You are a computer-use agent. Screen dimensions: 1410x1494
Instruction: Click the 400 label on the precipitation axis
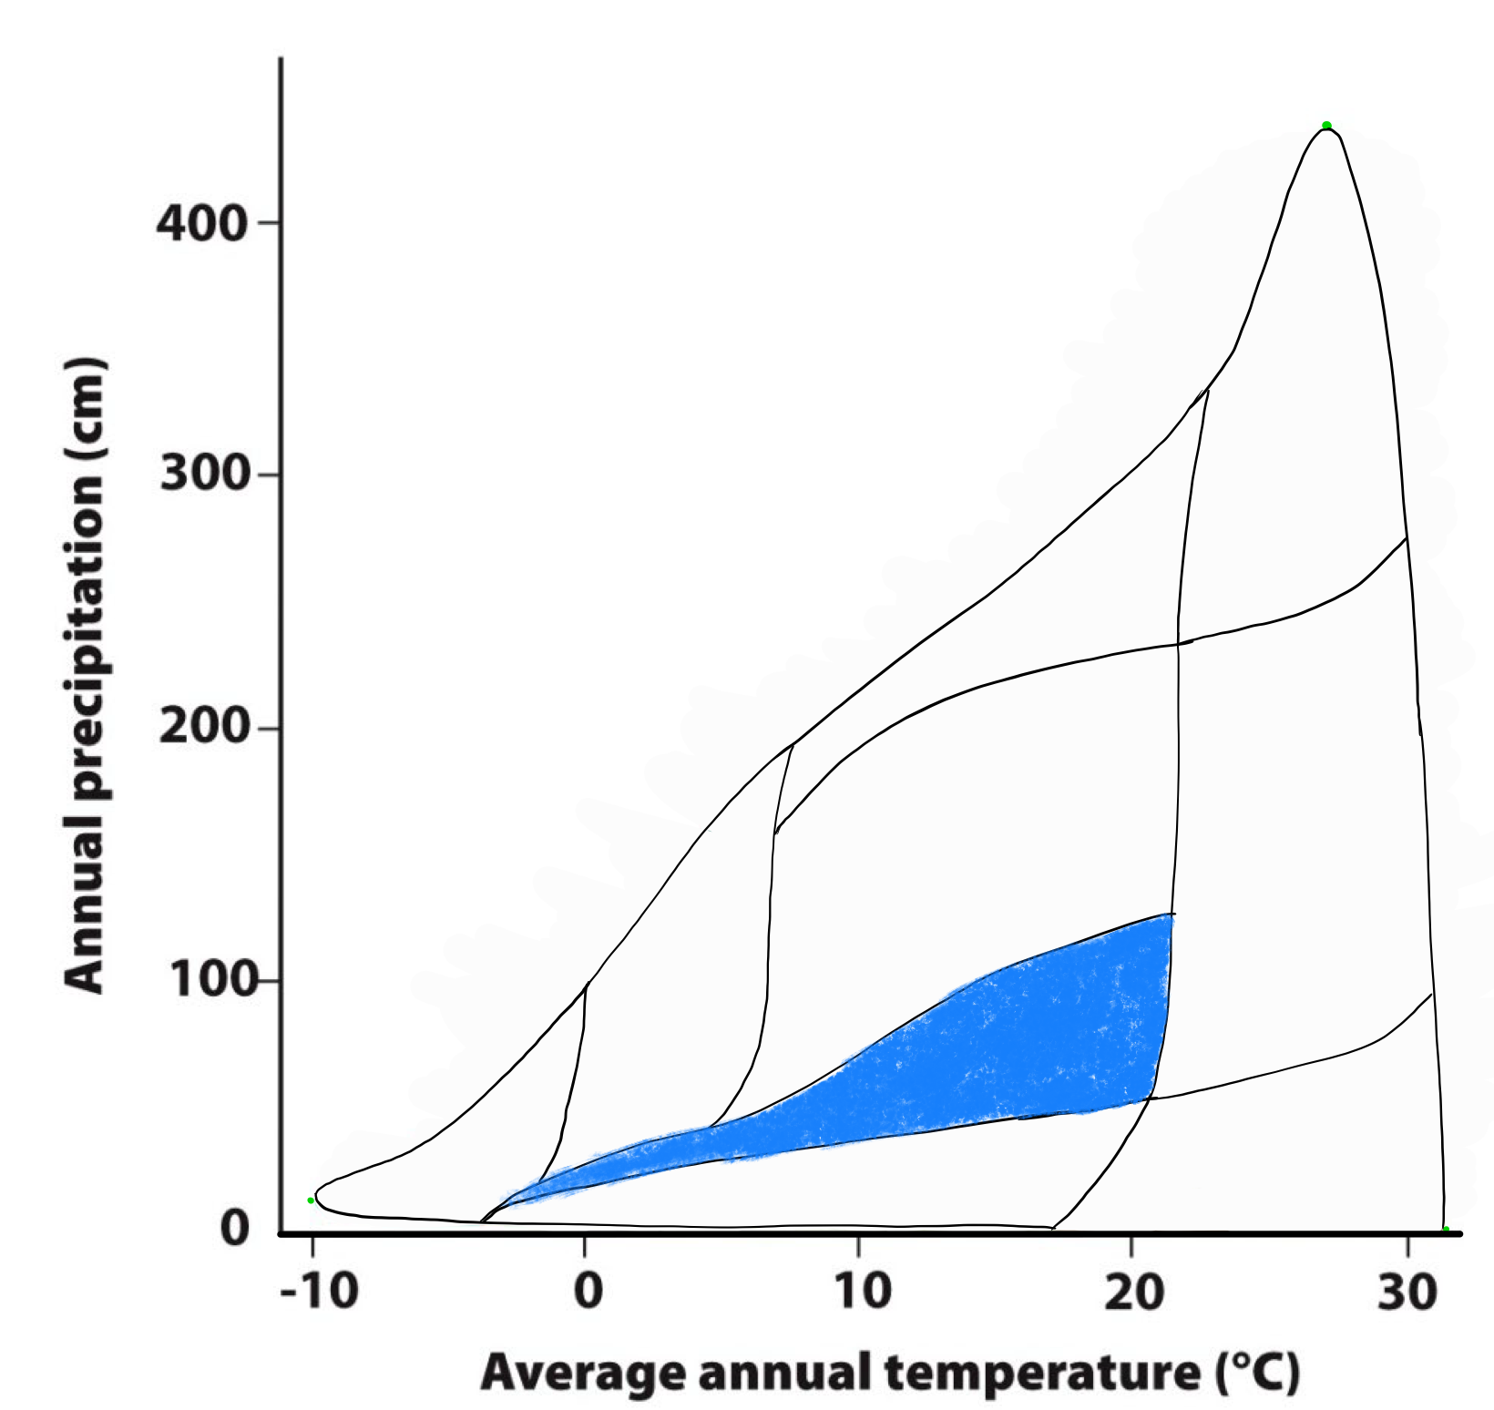(201, 223)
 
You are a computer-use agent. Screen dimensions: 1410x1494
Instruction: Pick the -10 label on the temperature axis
(318, 1292)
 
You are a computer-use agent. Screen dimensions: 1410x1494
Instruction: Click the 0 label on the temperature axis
(588, 1292)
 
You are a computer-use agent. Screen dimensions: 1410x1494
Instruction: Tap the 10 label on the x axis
(861, 1292)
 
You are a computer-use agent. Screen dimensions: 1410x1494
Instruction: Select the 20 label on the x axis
(1134, 1292)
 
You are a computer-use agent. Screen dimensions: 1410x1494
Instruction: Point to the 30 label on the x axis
(1407, 1292)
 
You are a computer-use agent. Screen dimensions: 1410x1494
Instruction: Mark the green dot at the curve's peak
(1326, 126)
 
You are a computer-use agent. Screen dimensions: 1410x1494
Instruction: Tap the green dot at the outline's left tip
(311, 1201)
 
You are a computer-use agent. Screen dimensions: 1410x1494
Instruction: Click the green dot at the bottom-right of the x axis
(1446, 1230)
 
